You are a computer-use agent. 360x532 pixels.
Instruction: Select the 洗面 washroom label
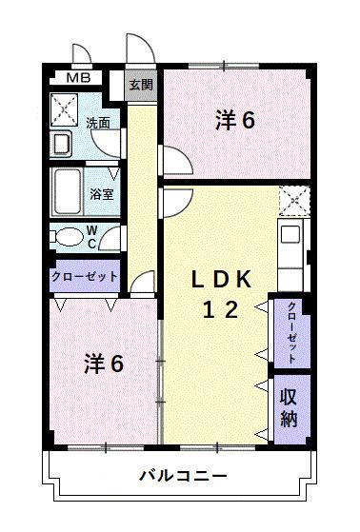coord(97,123)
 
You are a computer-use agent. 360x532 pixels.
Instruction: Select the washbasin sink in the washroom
coord(62,144)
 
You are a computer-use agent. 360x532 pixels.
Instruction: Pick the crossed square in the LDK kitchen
coord(291,201)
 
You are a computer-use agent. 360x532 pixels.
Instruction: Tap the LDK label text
coord(222,279)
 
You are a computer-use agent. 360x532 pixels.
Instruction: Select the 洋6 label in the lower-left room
coord(104,363)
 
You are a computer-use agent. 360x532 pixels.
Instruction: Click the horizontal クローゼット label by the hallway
coord(85,276)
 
